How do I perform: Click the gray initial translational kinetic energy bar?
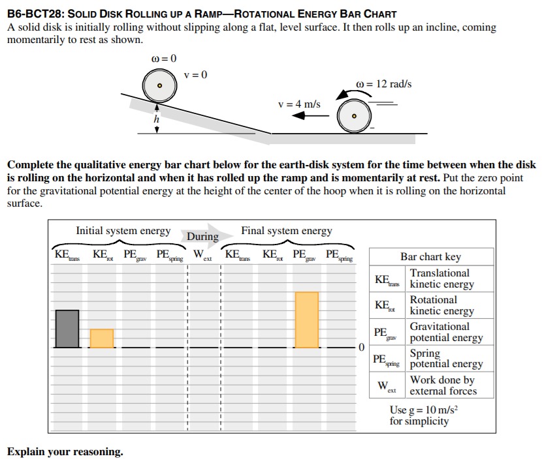click(67, 329)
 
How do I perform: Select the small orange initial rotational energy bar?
click(101, 338)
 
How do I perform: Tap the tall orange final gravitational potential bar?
click(306, 320)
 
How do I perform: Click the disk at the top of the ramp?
click(159, 85)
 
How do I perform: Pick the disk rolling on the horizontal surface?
click(354, 116)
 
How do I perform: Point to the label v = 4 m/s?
click(299, 104)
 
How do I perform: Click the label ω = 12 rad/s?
click(384, 84)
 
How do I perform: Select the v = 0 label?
click(195, 74)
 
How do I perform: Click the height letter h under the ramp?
click(156, 119)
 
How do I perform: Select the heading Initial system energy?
click(123, 231)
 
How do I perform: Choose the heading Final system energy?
click(287, 231)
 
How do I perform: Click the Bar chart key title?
click(430, 257)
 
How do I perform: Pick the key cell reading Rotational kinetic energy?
click(441, 305)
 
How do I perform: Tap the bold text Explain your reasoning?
click(65, 451)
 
